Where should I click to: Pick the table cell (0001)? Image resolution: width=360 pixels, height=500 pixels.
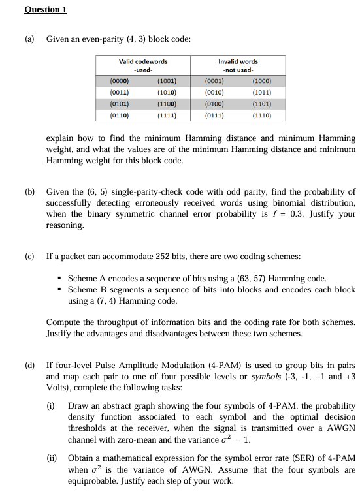[x=214, y=82]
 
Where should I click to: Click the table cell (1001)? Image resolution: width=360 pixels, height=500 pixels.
[x=166, y=82]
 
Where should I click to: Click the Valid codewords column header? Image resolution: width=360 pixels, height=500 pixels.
[x=142, y=65]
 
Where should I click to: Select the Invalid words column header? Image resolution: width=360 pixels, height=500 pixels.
[x=238, y=65]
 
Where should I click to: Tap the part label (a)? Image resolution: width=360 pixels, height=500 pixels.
[x=30, y=39]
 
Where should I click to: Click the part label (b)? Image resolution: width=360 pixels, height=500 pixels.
[x=30, y=192]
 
